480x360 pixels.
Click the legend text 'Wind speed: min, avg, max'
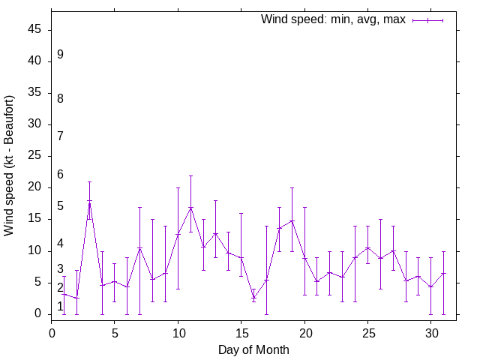click(x=333, y=19)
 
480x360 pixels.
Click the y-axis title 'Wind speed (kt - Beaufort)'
click(x=10, y=166)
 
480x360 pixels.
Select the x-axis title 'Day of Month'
click(x=253, y=349)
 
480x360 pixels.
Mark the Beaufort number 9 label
click(x=60, y=55)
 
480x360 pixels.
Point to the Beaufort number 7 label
click(x=60, y=136)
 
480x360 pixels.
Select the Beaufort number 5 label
click(x=60, y=206)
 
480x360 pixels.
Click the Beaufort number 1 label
click(x=60, y=306)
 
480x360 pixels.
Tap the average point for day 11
click(x=190, y=208)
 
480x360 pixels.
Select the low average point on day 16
click(x=253, y=297)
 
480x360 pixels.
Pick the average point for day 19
click(x=292, y=221)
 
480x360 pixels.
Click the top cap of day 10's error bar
click(x=178, y=188)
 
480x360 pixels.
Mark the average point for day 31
click(x=443, y=273)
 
